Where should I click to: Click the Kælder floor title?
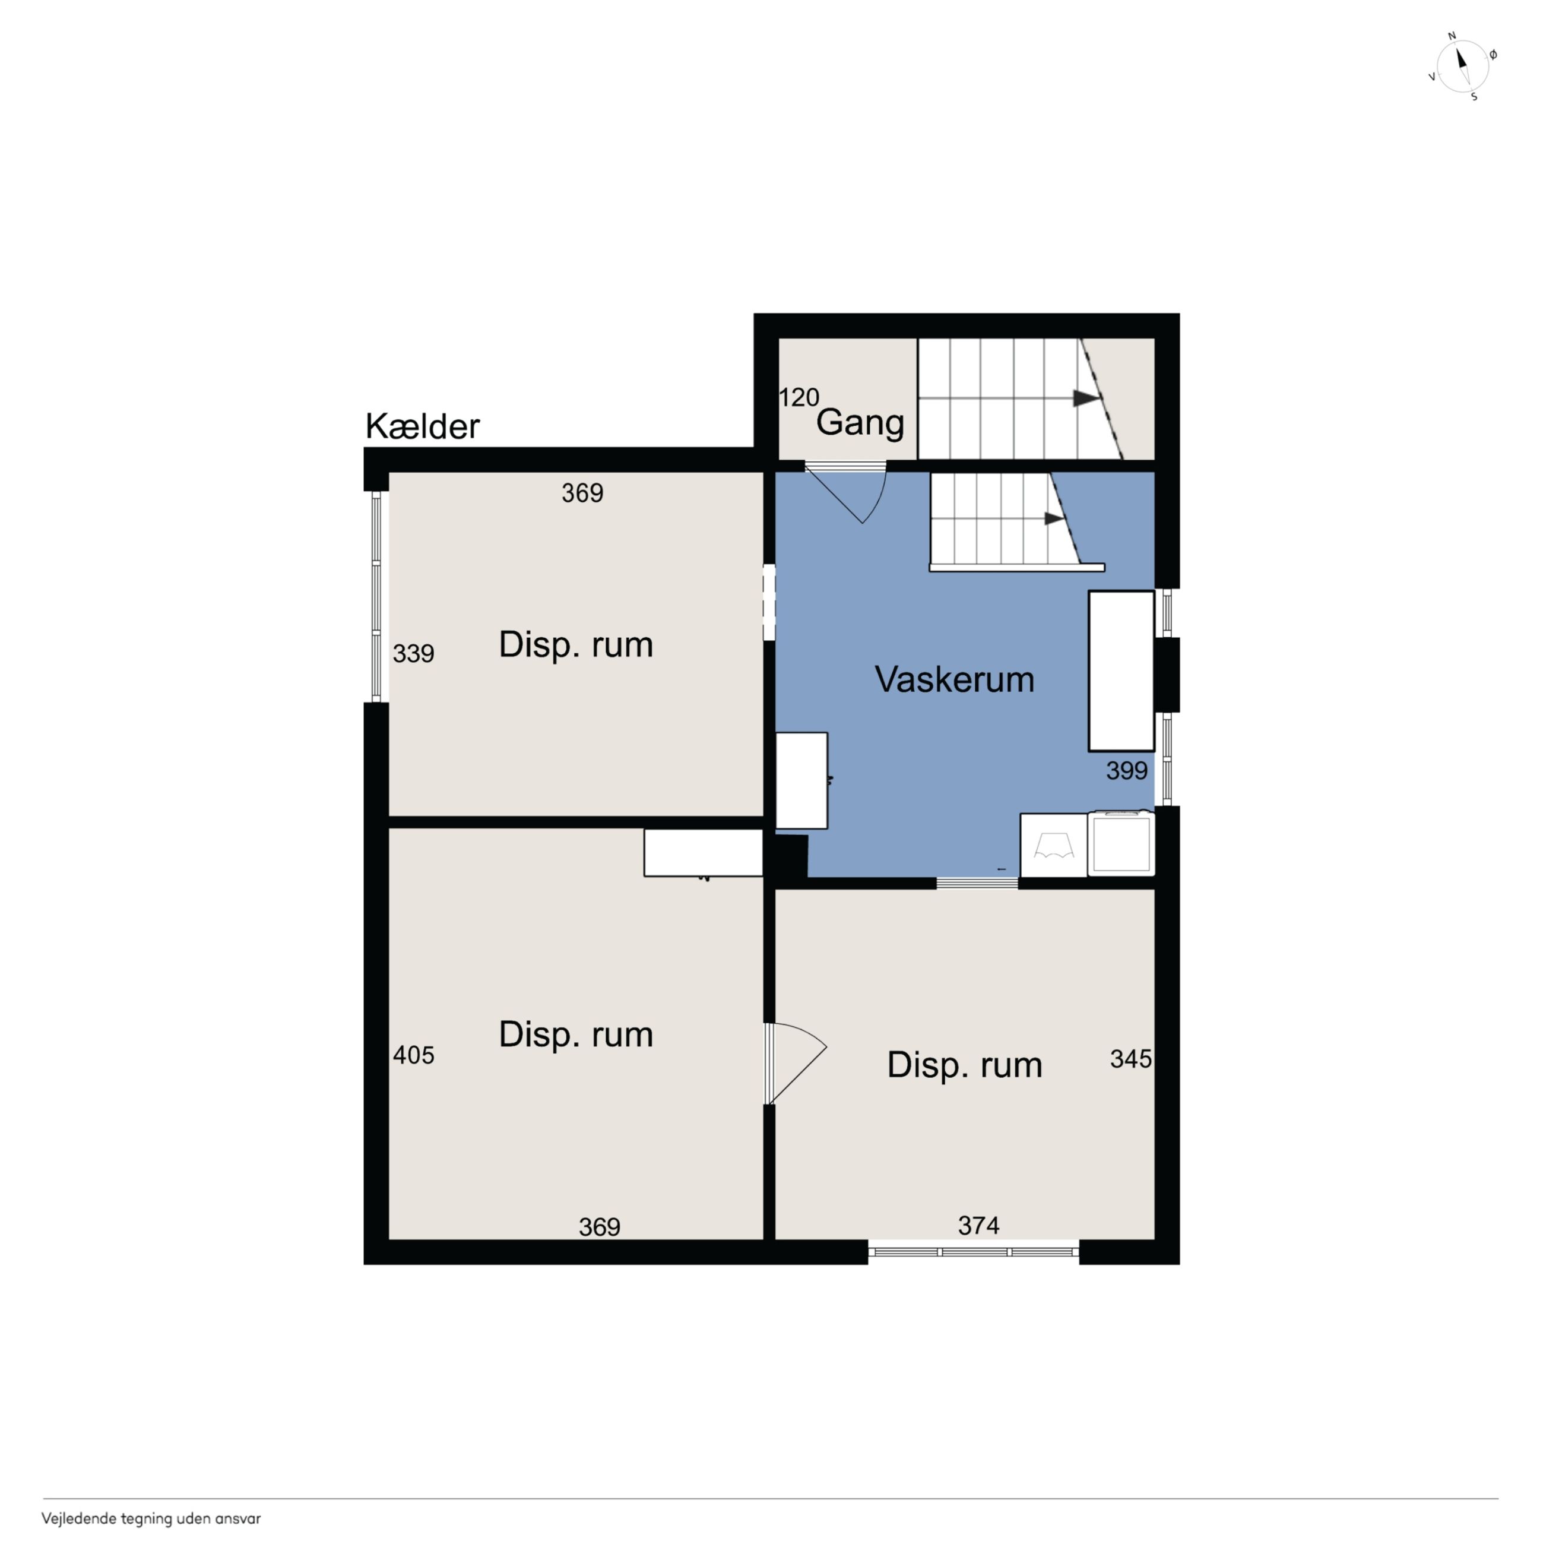pyautogui.click(x=422, y=427)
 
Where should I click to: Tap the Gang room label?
pyautogui.click(x=860, y=423)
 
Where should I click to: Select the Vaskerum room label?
pyautogui.click(x=954, y=679)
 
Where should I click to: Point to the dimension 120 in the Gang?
pyautogui.click(x=799, y=397)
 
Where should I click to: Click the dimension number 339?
pyautogui.click(x=413, y=654)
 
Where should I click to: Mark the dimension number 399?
pyautogui.click(x=1127, y=770)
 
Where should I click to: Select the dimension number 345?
pyautogui.click(x=1130, y=1059)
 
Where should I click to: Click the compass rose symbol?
pyautogui.click(x=1462, y=67)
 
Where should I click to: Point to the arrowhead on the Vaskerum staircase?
pyautogui.click(x=1055, y=518)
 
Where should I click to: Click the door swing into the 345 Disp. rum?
pyautogui.click(x=797, y=1063)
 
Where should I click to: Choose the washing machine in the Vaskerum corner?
pyautogui.click(x=1121, y=843)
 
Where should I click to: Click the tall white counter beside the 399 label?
pyautogui.click(x=1121, y=671)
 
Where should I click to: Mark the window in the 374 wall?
pyautogui.click(x=973, y=1251)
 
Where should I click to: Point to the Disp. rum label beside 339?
pyautogui.click(x=575, y=645)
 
